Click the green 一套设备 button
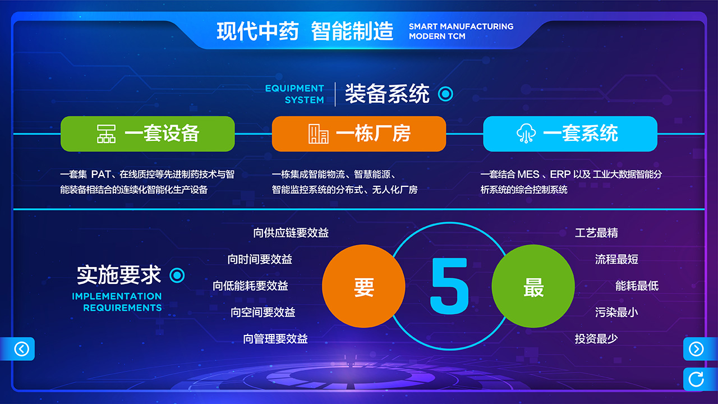[x=148, y=134]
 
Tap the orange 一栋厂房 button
[x=358, y=134]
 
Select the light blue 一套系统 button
[x=570, y=134]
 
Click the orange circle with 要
[x=363, y=286]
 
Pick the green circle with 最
[x=533, y=286]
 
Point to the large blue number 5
[x=449, y=286]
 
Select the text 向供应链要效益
[x=291, y=233]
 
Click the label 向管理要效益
[x=275, y=338]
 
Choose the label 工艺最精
[x=596, y=233]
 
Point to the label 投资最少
[x=596, y=338]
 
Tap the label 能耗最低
[x=637, y=286]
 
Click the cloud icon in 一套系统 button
[x=526, y=133]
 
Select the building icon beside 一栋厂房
[x=318, y=134]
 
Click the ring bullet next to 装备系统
[x=445, y=94]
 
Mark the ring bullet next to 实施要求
[x=177, y=275]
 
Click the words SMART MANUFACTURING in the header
[x=461, y=26]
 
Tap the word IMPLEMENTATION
[x=117, y=296]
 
